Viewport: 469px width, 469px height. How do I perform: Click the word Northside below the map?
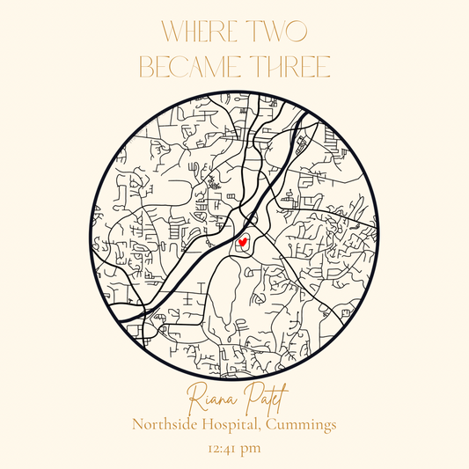pyautogui.click(x=167, y=424)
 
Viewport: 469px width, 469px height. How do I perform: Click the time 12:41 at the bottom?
pyautogui.click(x=224, y=451)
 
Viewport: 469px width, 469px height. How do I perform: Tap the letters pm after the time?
pyautogui.click(x=254, y=451)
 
